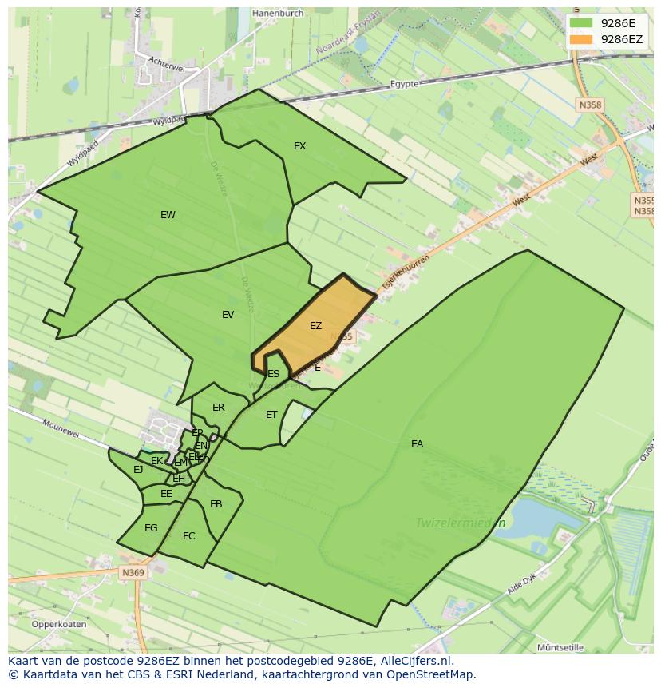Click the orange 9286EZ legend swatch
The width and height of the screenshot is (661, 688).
tap(581, 38)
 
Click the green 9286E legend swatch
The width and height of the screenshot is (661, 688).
tap(581, 23)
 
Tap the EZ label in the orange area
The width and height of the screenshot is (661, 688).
tap(315, 325)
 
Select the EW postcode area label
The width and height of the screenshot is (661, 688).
tap(168, 214)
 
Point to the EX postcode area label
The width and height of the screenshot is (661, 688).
tap(299, 145)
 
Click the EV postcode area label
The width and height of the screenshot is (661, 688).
tap(228, 314)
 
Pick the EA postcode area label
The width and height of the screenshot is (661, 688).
tap(417, 443)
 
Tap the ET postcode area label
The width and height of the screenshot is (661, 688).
tap(271, 414)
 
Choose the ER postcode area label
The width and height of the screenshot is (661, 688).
tap(218, 407)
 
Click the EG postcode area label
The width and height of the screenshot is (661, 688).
tap(151, 527)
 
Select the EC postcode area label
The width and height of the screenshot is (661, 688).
tap(188, 535)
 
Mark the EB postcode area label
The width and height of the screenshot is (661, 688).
tap(216, 503)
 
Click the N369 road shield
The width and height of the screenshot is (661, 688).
tap(133, 573)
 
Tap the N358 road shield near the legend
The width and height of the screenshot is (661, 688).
tap(590, 105)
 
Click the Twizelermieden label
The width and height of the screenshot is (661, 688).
tap(461, 523)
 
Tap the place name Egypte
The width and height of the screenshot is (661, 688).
tap(406, 84)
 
